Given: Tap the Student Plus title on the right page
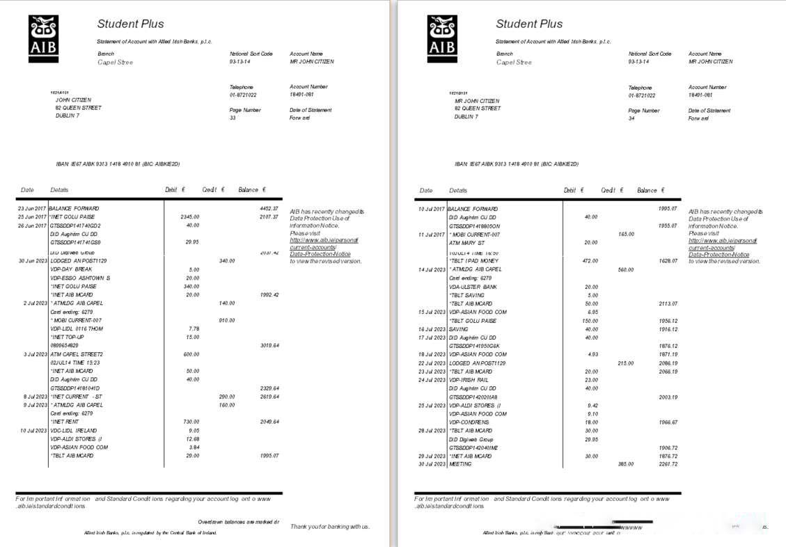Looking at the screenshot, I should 528,24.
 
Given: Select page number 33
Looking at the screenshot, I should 233,118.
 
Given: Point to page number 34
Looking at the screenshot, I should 631,118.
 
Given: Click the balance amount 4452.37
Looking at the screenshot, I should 269,208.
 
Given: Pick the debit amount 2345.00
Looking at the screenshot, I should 189,216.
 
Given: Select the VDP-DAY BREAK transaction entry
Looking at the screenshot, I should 71,269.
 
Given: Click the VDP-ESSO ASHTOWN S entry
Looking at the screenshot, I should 80,278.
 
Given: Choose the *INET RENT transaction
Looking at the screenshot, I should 65,422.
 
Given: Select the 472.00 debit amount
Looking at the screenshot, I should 590,260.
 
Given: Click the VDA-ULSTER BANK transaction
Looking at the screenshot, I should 473,287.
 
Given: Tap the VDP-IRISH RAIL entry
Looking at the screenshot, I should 468,380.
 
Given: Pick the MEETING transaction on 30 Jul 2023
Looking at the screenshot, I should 460,463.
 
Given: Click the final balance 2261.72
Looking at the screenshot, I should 668,463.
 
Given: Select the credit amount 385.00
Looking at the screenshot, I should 625,463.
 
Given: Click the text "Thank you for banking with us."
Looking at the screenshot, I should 330,526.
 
